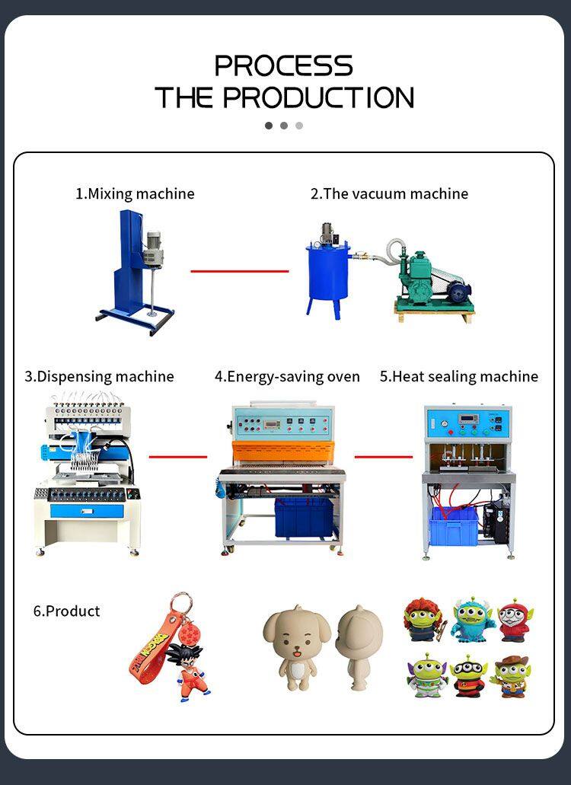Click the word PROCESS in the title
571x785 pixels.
[284, 65]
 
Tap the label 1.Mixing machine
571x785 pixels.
[135, 193]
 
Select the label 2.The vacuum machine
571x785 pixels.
[389, 193]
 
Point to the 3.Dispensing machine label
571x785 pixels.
[99, 376]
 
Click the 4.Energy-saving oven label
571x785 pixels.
[287, 376]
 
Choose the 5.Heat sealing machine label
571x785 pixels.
[459, 376]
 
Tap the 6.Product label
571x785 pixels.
[66, 611]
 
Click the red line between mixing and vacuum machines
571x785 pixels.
[240, 271]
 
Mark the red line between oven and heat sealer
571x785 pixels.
[384, 457]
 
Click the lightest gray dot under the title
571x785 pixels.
[299, 126]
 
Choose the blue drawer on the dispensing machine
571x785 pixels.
[87, 511]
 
